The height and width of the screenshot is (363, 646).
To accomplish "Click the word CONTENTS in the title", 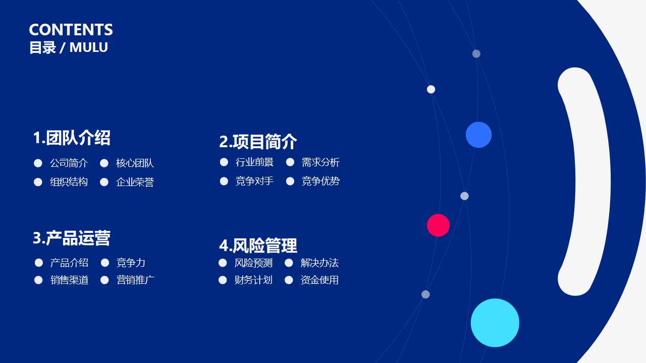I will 71,30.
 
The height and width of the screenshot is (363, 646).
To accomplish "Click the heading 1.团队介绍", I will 72,138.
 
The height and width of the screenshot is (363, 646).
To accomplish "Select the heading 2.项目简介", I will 258,142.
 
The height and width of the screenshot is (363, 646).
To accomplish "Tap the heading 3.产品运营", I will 72,238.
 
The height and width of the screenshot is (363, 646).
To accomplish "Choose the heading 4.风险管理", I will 258,246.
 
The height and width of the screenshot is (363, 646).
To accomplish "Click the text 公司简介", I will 69,163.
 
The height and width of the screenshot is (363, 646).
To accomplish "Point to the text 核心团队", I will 135,163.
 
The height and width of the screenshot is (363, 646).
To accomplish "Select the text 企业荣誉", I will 135,182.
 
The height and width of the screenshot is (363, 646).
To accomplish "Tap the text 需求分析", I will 320,162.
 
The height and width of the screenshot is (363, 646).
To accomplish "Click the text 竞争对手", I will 254,181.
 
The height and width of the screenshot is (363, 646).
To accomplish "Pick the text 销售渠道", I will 69,280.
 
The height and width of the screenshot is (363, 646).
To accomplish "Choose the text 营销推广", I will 135,280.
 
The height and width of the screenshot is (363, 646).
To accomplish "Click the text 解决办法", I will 319,263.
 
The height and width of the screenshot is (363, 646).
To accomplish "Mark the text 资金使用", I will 319,280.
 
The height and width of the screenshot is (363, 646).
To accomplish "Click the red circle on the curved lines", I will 438,225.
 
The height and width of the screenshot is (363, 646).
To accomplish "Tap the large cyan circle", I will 495,323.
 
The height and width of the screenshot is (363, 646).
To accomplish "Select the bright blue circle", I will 478,135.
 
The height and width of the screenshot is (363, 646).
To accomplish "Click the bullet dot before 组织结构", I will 38,182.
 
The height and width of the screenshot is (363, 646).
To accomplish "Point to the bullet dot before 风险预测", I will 223,263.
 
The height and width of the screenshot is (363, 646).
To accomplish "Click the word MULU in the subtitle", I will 89,47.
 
